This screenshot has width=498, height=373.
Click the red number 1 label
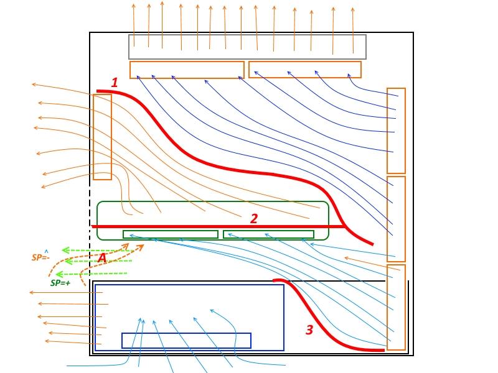coord(114,82)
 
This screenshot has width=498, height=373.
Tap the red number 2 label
coord(253,218)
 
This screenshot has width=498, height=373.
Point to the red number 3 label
coord(309,329)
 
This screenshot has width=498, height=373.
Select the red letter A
coord(103,258)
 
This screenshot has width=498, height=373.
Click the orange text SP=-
coord(40,257)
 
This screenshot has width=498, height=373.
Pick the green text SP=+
coord(60,283)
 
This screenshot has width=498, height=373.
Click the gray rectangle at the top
coord(247,47)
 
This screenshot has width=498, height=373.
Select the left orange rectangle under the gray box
coord(187,69)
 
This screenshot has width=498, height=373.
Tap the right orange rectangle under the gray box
coord(304,69)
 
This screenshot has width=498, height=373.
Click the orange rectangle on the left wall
coord(102,137)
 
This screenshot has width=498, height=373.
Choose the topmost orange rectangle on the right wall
coord(396,131)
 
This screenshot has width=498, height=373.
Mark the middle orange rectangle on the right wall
coord(396,219)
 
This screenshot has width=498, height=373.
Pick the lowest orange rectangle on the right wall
coord(396,307)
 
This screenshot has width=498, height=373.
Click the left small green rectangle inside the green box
coord(170,234)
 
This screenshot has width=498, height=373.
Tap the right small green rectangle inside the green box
coord(268,234)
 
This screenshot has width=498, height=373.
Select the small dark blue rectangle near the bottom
coord(186,340)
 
